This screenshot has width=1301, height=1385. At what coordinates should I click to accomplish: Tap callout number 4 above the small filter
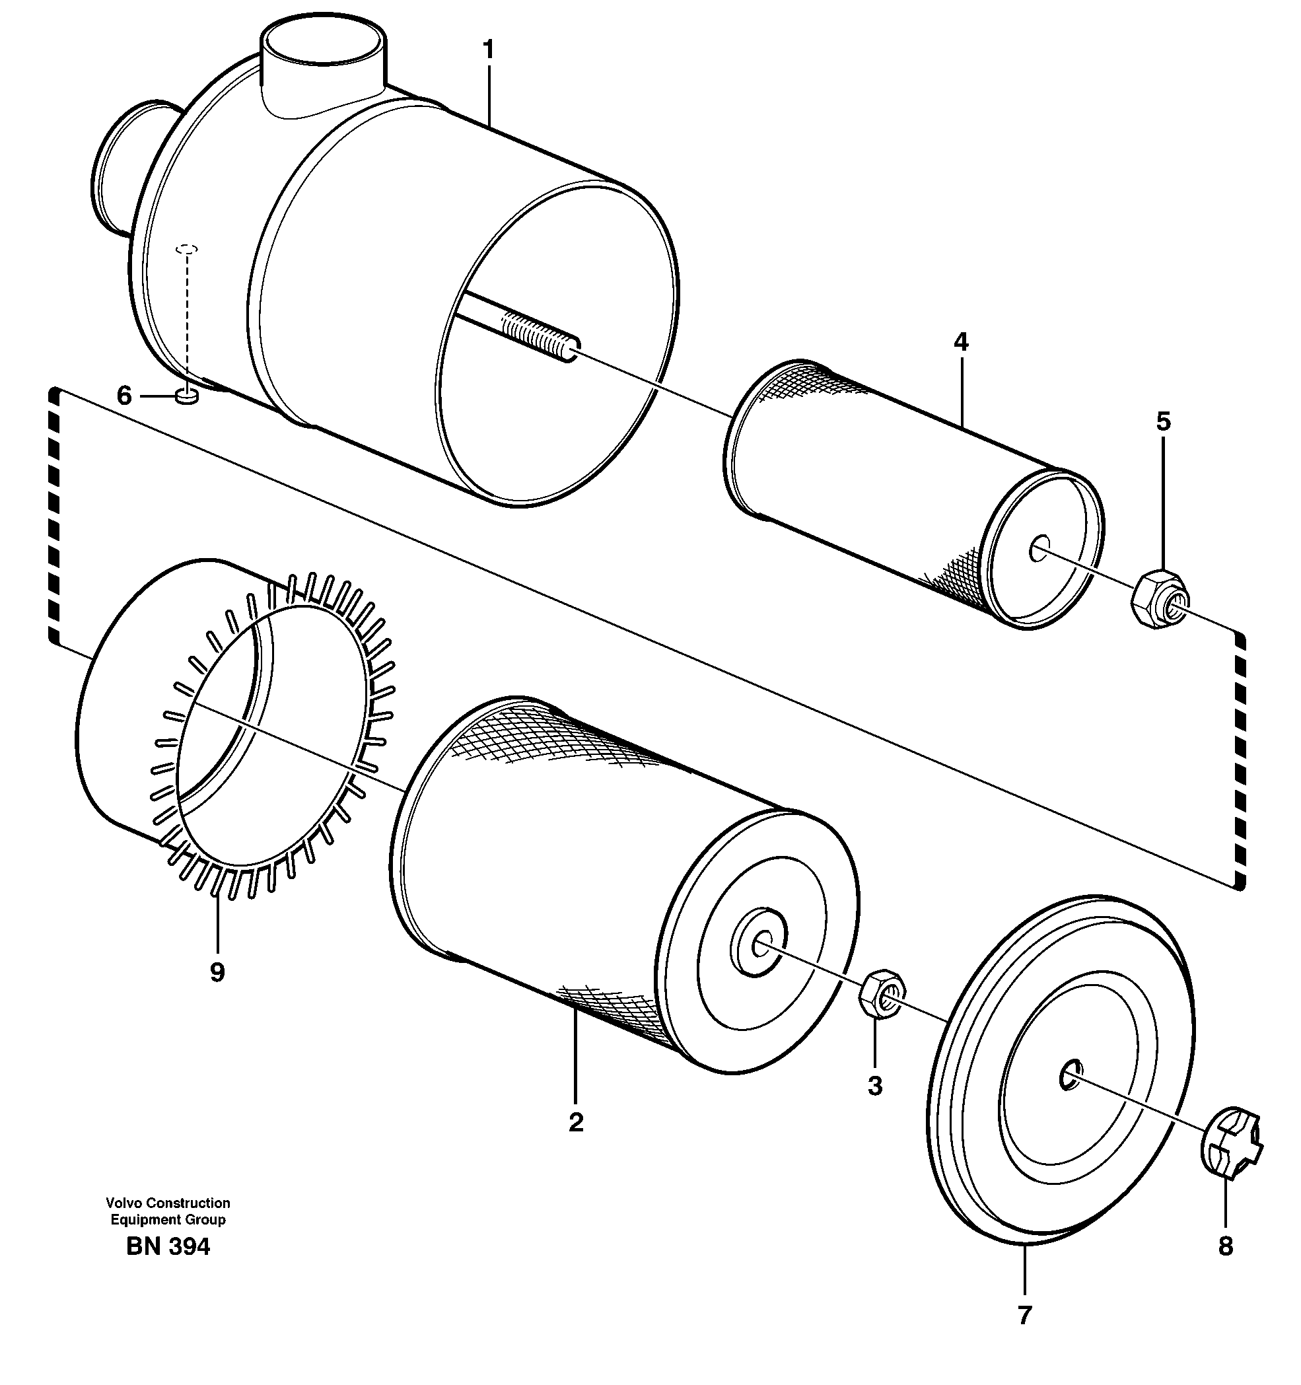pyautogui.click(x=961, y=342)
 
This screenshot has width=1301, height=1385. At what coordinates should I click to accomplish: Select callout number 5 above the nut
pyautogui.click(x=1163, y=421)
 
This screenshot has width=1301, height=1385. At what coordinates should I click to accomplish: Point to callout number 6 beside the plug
pyautogui.click(x=124, y=396)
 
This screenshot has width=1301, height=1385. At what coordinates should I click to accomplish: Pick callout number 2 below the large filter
pyautogui.click(x=575, y=1123)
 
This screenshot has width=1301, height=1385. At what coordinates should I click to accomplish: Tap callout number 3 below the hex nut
pyautogui.click(x=875, y=1085)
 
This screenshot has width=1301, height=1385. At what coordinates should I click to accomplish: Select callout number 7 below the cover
pyautogui.click(x=1024, y=1316)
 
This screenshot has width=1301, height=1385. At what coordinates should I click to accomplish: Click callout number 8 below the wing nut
pyautogui.click(x=1225, y=1246)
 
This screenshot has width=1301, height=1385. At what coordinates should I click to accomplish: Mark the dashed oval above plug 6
pyautogui.click(x=187, y=248)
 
